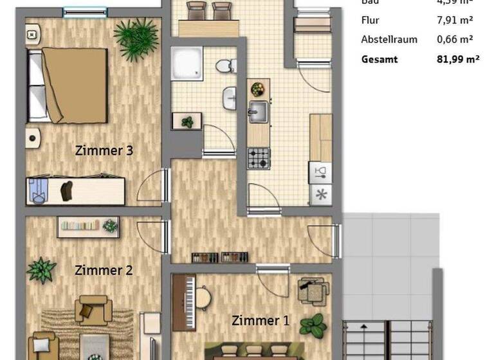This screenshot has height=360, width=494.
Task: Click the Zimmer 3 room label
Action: (x=104, y=151)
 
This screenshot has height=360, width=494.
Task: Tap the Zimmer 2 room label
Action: (x=104, y=270)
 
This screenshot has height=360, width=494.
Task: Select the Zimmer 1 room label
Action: (x=261, y=320)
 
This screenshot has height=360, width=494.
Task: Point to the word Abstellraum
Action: (x=389, y=39)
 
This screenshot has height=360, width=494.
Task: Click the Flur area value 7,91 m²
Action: (x=455, y=20)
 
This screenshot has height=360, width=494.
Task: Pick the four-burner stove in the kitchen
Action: (x=259, y=157)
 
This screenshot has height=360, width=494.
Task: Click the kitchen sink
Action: (x=259, y=112)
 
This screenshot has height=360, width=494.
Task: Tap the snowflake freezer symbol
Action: (x=320, y=195)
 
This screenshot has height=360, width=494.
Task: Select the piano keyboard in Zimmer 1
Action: (x=188, y=301)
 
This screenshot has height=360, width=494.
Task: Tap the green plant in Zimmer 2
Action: (x=42, y=269)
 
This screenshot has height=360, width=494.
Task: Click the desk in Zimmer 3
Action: (x=75, y=191)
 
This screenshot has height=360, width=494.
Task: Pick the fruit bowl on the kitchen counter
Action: (x=258, y=89)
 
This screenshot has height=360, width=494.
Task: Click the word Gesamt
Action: (x=380, y=59)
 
